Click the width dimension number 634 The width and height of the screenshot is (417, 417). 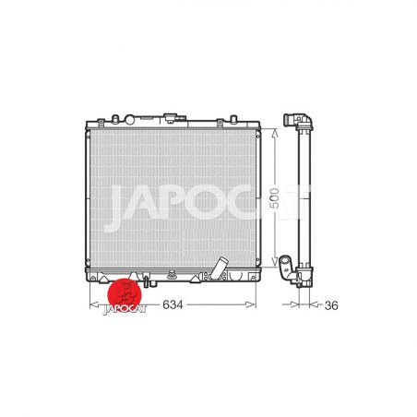(x=173, y=304)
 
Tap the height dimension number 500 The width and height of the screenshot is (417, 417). (x=274, y=198)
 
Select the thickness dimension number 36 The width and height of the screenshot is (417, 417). (x=331, y=305)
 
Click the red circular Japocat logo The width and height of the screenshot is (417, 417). (x=125, y=294)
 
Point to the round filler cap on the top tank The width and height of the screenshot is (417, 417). (x=129, y=120)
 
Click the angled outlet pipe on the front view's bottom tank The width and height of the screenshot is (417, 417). (x=220, y=268)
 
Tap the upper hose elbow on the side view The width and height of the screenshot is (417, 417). (x=298, y=121)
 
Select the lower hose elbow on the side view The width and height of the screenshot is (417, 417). (x=290, y=270)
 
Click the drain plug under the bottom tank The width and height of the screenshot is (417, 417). (x=146, y=280)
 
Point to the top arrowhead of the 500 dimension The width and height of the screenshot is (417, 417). (x=275, y=133)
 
